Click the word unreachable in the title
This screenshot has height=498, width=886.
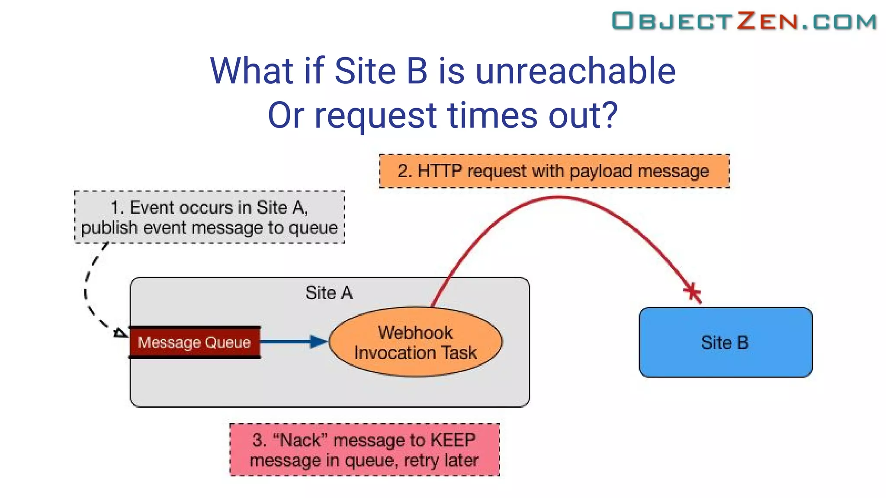point(575,71)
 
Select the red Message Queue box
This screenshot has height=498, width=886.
point(195,342)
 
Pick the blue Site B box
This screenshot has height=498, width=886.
point(725,342)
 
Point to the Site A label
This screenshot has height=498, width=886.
point(329,293)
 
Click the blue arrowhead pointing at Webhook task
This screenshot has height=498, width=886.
point(319,342)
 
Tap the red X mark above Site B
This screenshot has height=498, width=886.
point(692,292)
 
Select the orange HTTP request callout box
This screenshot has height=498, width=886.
point(554,171)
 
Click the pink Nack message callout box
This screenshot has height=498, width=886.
point(364,450)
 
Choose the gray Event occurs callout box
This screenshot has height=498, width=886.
point(209,217)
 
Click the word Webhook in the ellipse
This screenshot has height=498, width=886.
point(415,332)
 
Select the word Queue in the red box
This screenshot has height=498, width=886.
point(228,342)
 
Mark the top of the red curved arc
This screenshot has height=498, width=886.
point(558,198)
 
